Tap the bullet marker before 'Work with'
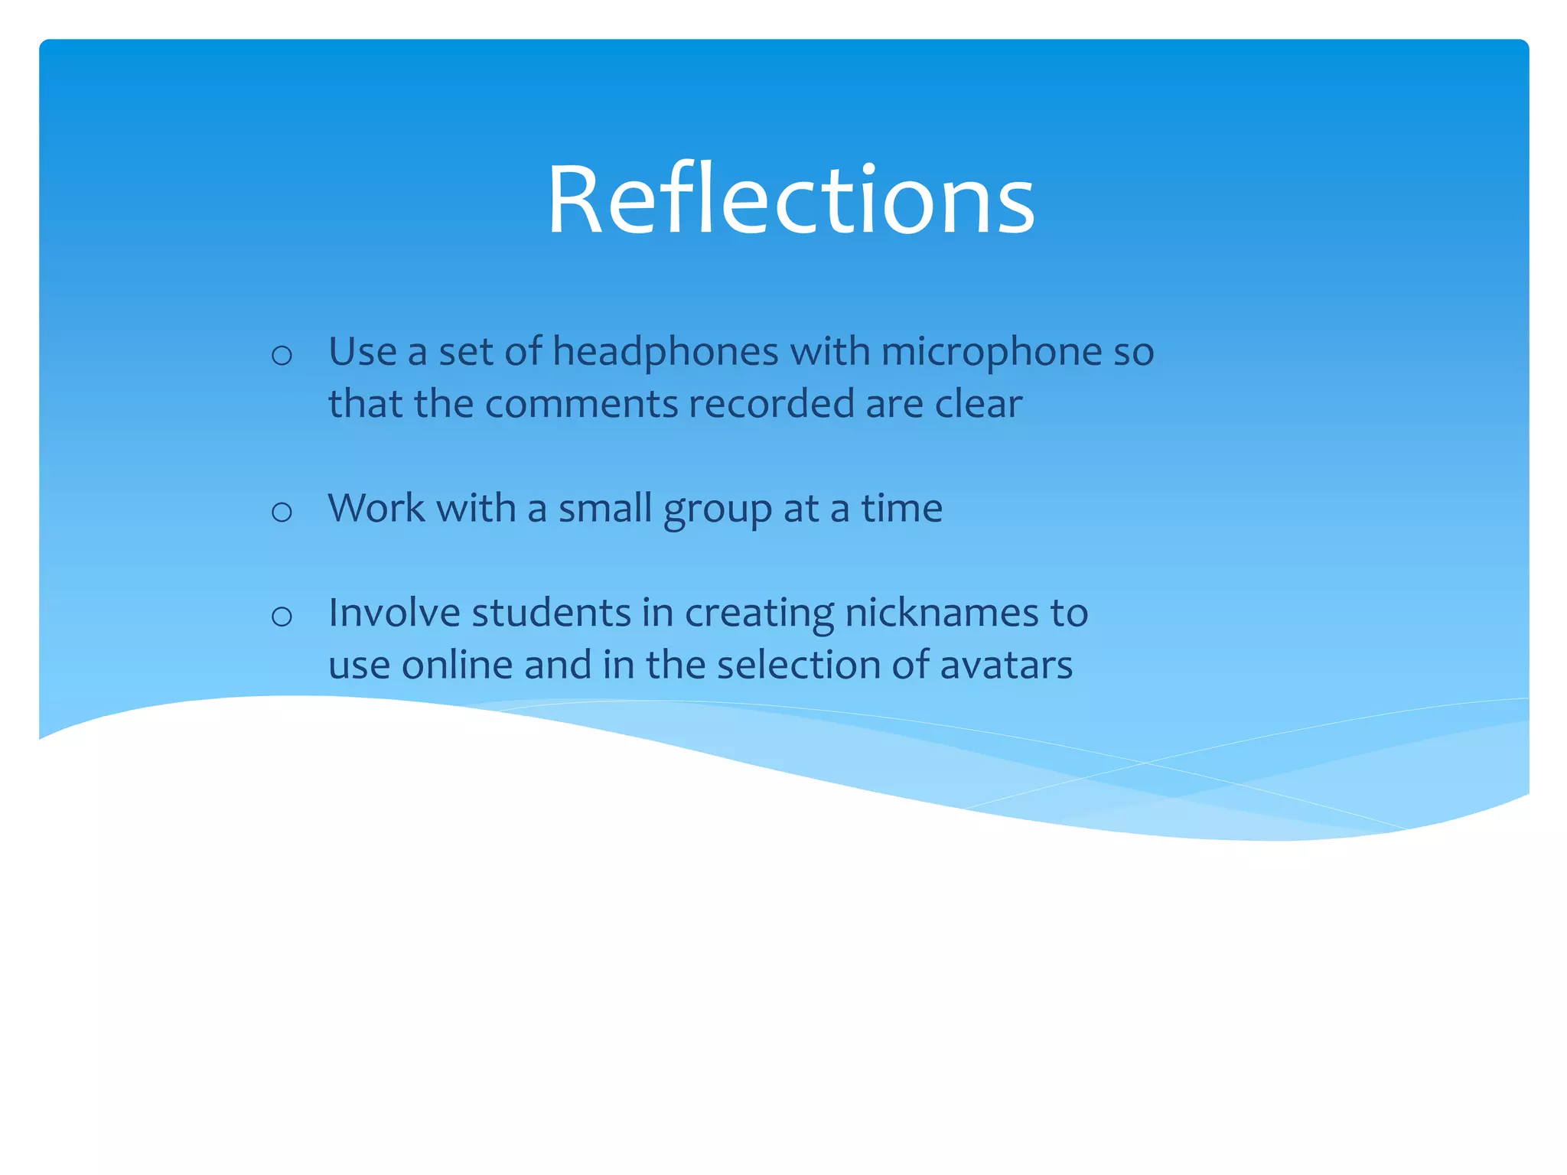click(x=282, y=512)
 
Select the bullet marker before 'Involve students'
click(x=282, y=616)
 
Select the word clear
click(x=979, y=403)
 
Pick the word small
click(x=604, y=508)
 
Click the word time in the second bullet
click(x=901, y=508)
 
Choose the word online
click(x=457, y=665)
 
